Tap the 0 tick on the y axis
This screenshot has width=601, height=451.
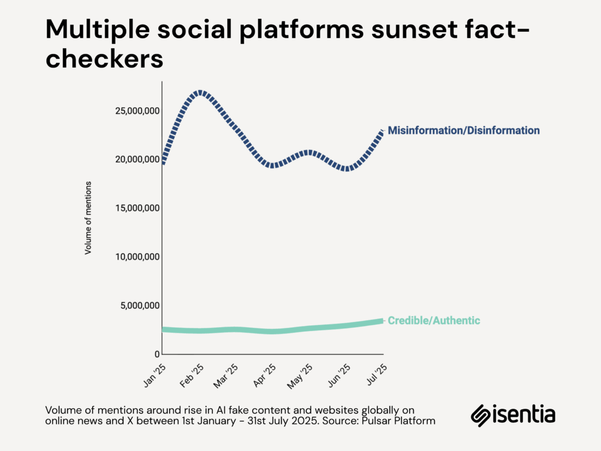click(157, 354)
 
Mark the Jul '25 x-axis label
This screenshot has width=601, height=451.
click(376, 375)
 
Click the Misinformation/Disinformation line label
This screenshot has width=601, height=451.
click(463, 130)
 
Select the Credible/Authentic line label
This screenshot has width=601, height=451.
click(434, 321)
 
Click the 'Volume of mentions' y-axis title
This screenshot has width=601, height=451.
click(89, 217)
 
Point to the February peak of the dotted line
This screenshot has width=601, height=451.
click(200, 92)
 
